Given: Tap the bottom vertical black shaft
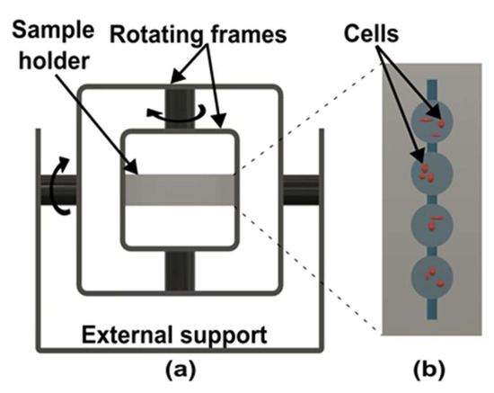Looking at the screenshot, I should tap(180, 270).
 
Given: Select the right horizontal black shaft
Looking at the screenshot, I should tap(301, 189).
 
